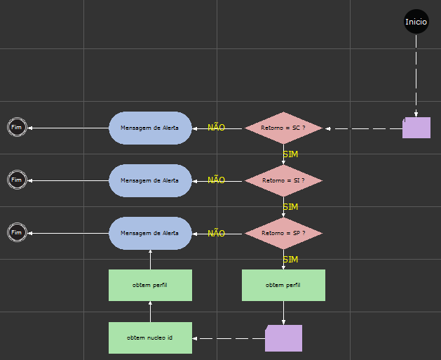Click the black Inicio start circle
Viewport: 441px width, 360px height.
[x=416, y=22]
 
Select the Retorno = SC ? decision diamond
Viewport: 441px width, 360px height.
[x=283, y=128]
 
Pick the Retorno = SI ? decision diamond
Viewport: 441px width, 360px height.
[x=283, y=181]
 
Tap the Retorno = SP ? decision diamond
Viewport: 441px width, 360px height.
[x=283, y=234]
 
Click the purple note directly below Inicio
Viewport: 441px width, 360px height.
[x=416, y=128]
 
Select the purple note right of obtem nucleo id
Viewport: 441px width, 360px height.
[x=283, y=338]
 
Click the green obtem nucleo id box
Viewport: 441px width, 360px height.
[x=150, y=338]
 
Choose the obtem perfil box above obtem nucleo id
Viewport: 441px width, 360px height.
[x=150, y=286]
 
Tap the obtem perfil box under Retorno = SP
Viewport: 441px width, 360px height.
[x=283, y=286]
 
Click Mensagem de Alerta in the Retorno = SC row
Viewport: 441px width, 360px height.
[x=150, y=128]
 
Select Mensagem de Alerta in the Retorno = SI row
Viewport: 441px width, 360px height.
[x=150, y=180]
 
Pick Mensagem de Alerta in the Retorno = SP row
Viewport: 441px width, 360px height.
[x=150, y=233]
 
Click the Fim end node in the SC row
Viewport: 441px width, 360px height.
[x=17, y=127]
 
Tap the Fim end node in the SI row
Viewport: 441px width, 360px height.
[x=17, y=180]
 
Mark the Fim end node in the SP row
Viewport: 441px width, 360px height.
[x=17, y=232]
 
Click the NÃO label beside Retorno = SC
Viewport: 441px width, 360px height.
[x=216, y=128]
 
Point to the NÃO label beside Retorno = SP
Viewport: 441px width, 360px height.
[x=216, y=233]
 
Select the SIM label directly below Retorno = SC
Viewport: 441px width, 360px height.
[x=290, y=154]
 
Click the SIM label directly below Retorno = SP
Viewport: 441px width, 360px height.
[x=290, y=260]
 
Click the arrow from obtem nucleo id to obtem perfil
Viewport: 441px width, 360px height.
[x=150, y=312]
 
